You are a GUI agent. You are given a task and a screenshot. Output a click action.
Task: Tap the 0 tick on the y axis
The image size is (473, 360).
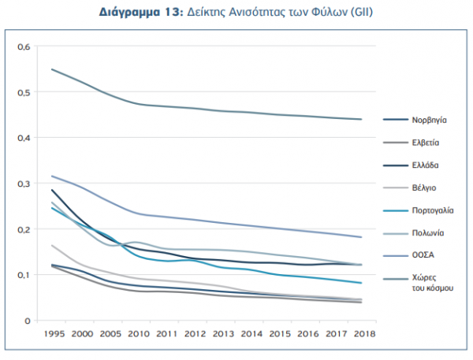26,321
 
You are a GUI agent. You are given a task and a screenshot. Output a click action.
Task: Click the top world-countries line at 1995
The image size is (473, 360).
52,69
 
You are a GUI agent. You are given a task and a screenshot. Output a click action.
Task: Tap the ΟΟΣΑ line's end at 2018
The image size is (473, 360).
361,237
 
